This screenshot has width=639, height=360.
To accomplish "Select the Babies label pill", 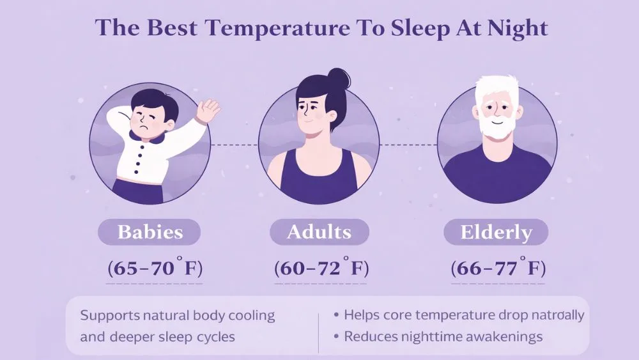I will click(149, 231).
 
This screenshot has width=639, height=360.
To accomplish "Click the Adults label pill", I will click(319, 231).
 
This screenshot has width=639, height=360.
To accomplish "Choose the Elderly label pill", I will click(496, 231).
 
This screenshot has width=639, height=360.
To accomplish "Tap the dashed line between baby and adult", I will click(234, 145).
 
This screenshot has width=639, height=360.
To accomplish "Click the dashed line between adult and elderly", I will click(408, 145).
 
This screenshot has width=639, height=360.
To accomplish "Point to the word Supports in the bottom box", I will click(107, 315).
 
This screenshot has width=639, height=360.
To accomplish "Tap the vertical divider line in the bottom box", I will click(318, 333).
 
